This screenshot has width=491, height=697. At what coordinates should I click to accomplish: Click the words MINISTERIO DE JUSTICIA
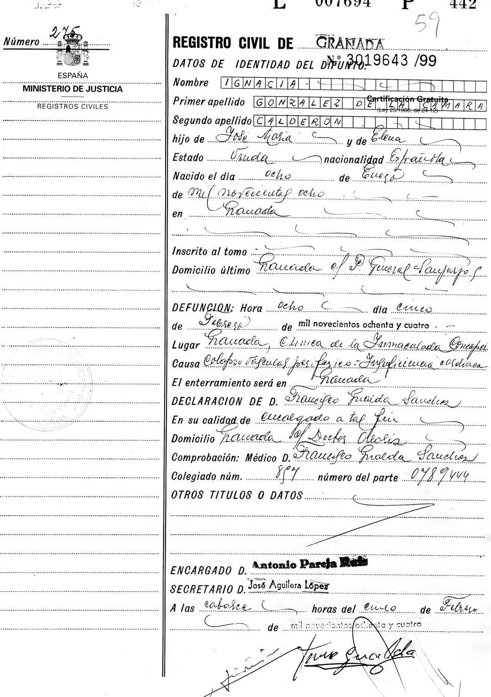click(72, 89)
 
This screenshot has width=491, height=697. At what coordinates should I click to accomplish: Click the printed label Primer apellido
click(209, 102)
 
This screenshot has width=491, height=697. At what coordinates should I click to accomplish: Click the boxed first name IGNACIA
click(262, 83)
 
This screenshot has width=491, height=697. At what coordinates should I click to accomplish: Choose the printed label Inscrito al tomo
click(210, 251)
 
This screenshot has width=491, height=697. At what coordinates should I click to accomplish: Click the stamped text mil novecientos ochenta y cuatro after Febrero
click(364, 325)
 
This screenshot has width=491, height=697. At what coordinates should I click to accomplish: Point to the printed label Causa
click(186, 363)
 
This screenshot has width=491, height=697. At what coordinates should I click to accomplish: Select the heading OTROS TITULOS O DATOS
click(237, 495)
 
